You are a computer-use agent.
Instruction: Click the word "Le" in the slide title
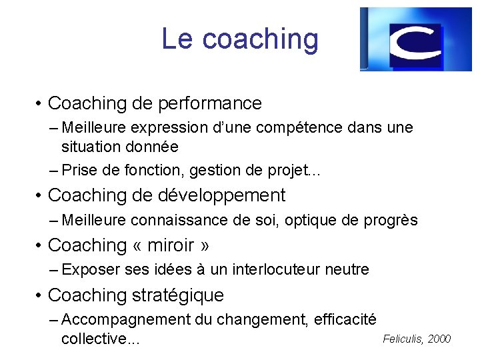pos(177,39)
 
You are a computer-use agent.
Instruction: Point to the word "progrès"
pos(391,220)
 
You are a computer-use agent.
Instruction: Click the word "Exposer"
pos(91,269)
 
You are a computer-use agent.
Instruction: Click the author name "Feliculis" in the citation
pos(403,339)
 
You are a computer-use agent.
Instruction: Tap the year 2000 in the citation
pos(439,339)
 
